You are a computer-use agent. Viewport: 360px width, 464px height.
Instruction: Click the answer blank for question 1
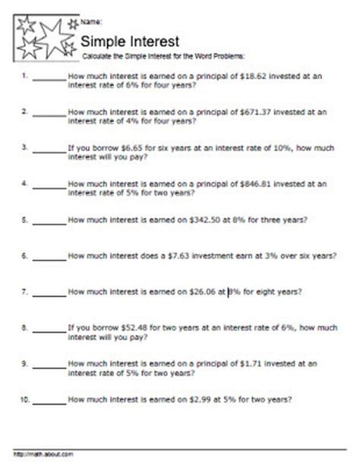point(49,78)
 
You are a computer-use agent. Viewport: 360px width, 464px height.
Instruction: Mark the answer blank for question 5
point(49,221)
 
